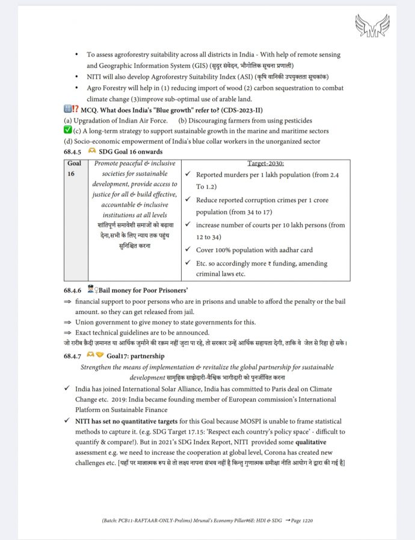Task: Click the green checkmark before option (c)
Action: [x=67, y=131]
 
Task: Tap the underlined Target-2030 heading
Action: [x=265, y=163]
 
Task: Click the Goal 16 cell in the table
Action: [x=75, y=168]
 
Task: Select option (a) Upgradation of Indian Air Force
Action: [x=115, y=120]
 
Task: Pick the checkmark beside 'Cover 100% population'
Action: [x=189, y=250]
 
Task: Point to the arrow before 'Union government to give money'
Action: [x=67, y=322]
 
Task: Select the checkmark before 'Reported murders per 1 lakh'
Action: [x=189, y=174]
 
